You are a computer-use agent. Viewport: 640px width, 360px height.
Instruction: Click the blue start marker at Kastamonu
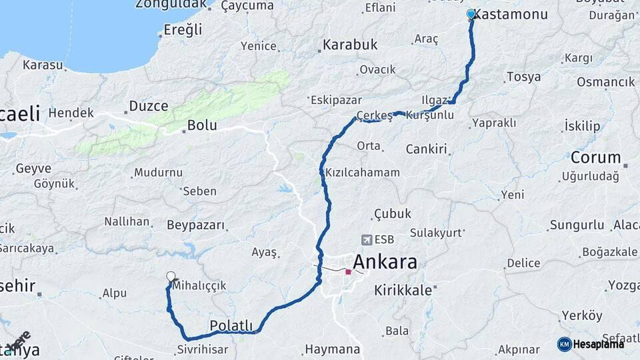(471, 14)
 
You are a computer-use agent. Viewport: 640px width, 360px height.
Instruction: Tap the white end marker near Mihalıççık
(171, 277)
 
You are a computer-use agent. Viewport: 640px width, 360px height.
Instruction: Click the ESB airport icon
(366, 239)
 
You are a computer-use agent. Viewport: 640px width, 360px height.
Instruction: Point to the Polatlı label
(231, 325)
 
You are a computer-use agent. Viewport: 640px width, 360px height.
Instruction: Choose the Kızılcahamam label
(362, 173)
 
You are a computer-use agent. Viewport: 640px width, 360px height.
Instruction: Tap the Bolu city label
(202, 125)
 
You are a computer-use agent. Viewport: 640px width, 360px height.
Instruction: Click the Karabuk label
(350, 45)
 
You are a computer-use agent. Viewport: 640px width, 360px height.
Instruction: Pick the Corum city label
(595, 157)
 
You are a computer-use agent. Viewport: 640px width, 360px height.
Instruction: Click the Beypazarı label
(196, 225)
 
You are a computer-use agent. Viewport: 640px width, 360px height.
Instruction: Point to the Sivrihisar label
(203, 349)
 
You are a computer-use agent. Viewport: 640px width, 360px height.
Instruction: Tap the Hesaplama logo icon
(565, 344)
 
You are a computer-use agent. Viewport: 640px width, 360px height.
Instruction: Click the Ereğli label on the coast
(183, 29)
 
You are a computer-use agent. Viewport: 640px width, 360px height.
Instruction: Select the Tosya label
(523, 77)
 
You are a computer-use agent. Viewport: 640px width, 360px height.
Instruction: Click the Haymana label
(332, 349)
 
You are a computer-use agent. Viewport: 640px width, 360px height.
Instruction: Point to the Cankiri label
(426, 149)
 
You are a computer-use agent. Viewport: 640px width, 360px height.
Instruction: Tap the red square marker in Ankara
(348, 271)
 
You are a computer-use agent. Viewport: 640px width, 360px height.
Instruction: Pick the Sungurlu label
(576, 226)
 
